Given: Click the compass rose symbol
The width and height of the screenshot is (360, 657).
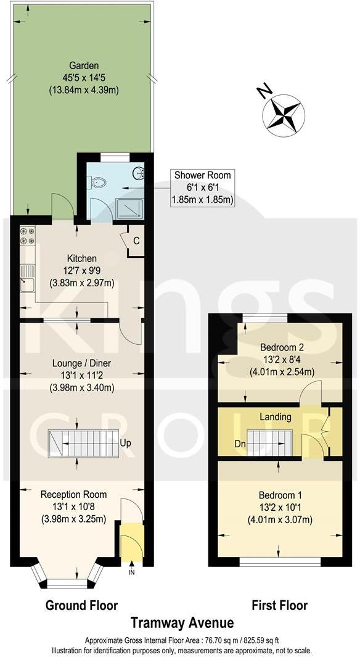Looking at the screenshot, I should (284, 112).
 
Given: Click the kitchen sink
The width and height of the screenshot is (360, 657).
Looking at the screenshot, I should (27, 278).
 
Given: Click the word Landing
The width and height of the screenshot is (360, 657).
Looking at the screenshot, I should (275, 417).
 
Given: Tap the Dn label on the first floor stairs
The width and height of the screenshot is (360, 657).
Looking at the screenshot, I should (240, 443).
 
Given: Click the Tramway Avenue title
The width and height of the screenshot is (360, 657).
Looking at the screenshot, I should (183, 623).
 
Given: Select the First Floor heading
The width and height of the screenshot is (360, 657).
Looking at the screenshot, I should (279, 605).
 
